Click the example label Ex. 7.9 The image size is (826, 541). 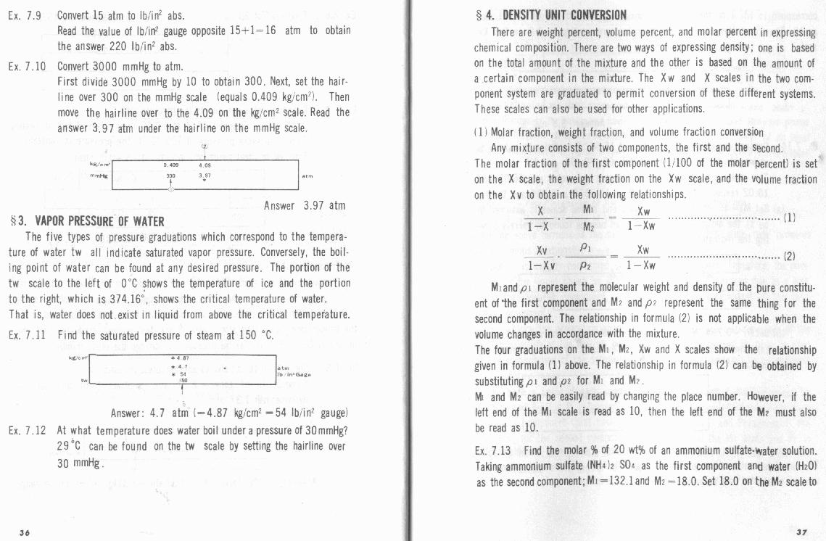pyautogui.click(x=25, y=15)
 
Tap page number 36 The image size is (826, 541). pyautogui.click(x=25, y=532)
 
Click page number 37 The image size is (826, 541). pyautogui.click(x=801, y=532)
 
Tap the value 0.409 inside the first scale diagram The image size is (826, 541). pyautogui.click(x=172, y=165)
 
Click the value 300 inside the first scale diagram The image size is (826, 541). pyautogui.click(x=172, y=175)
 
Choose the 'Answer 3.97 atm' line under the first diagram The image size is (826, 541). pyautogui.click(x=304, y=206)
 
